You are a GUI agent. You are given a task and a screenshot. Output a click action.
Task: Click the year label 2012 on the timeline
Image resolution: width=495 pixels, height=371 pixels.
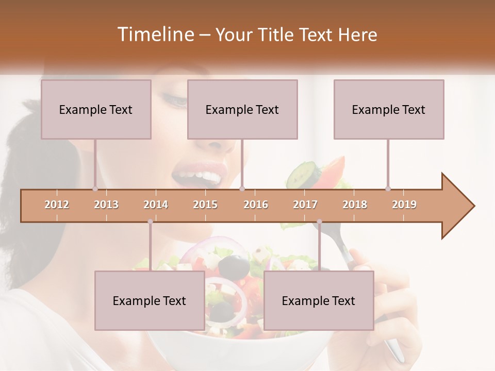coord(57,205)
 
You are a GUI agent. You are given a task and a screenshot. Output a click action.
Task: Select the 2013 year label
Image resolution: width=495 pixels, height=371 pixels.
coord(106,205)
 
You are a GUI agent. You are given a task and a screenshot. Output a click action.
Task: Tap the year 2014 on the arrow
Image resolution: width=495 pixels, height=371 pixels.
coord(156,205)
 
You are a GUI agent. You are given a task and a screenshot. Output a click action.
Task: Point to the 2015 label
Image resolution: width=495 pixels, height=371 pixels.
coord(205,205)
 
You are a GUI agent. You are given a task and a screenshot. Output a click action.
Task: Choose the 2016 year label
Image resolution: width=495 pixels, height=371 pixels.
coord(256,205)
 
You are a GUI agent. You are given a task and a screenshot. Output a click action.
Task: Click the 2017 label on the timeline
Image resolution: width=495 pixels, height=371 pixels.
coord(305,205)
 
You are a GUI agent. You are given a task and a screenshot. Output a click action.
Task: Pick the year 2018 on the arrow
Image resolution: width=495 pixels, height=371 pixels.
coord(355,205)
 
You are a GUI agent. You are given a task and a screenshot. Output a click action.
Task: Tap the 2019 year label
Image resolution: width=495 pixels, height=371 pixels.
coord(404,205)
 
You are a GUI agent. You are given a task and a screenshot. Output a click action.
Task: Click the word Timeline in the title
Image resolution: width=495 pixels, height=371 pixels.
coord(155,35)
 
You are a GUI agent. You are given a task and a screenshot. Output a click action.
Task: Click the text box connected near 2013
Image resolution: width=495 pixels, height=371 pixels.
coord(96,109)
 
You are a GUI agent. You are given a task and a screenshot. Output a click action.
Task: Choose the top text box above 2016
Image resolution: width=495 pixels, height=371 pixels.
coord(242,109)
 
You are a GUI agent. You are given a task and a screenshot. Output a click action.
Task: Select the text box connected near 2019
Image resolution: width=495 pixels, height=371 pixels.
coord(389,109)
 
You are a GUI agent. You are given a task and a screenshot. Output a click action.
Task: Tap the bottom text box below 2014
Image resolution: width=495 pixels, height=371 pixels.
coord(150,300)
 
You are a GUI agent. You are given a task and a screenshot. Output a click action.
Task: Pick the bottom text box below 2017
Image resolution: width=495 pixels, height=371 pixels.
coord(319,300)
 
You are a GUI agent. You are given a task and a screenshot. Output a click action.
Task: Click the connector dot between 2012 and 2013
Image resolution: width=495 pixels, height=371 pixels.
coord(95,189)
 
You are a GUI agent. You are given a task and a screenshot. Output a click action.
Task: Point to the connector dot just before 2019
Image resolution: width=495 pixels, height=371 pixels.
coord(388,189)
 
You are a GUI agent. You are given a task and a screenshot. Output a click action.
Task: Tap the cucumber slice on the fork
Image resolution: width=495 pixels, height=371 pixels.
coord(304,174)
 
